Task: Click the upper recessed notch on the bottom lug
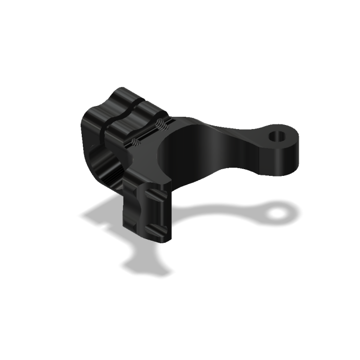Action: [x=154, y=195]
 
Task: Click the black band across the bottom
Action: [x=180, y=327]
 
